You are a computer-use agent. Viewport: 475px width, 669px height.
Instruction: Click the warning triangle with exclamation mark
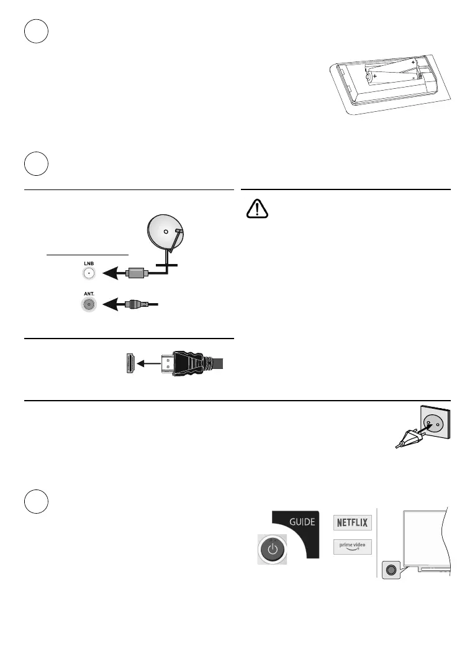[x=256, y=210]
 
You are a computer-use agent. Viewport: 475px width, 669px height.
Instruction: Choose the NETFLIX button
[x=352, y=522]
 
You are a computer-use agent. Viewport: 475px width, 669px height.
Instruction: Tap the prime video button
[x=351, y=547]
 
